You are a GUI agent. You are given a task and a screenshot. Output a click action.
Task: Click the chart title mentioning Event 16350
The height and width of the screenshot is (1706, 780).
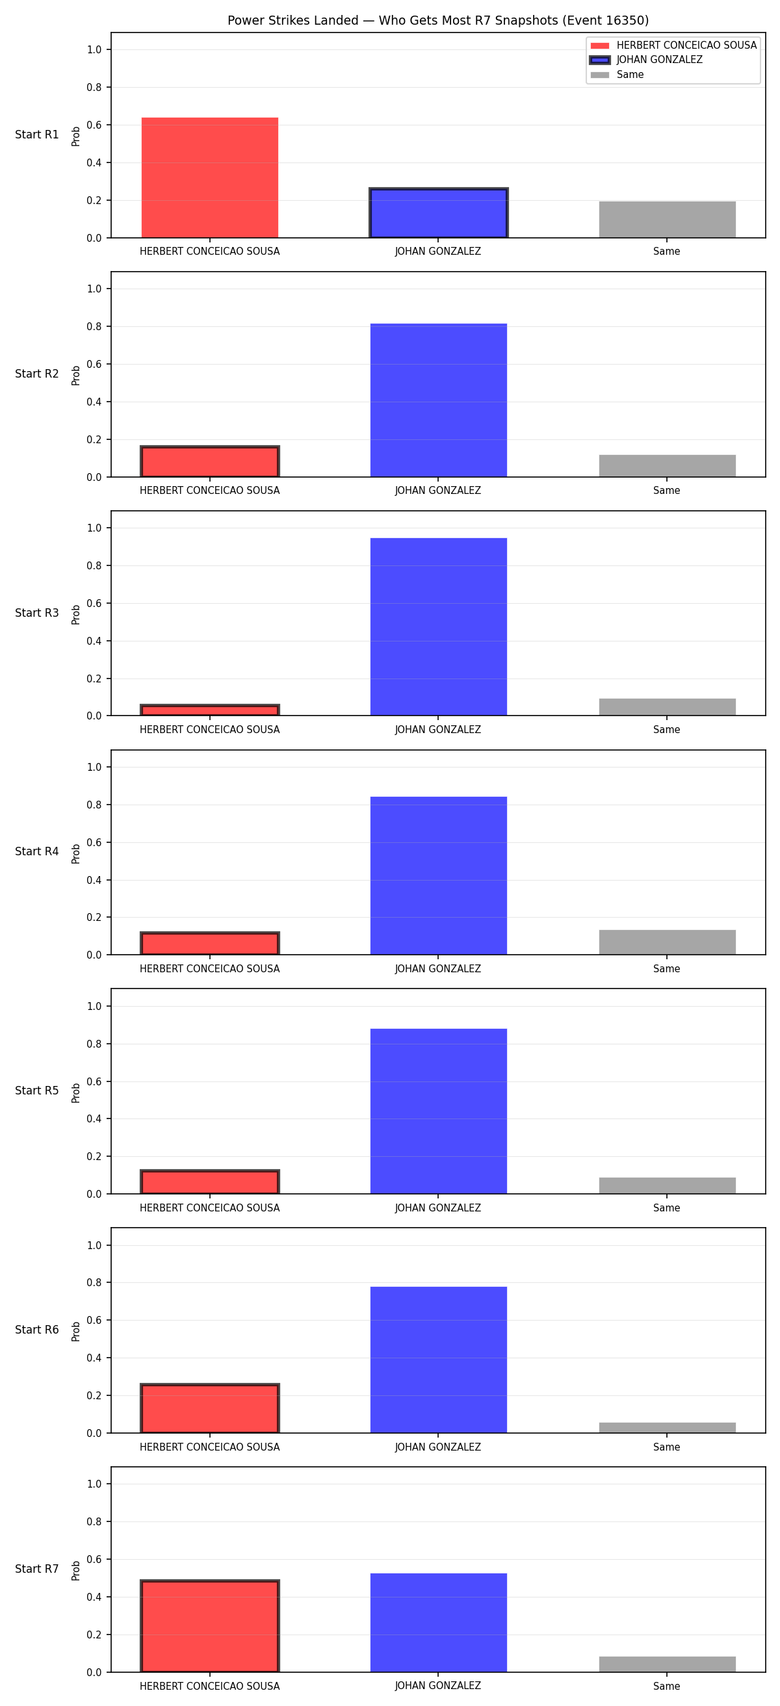click(x=437, y=21)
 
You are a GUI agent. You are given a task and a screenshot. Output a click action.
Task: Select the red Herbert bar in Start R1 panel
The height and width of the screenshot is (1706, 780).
click(x=210, y=177)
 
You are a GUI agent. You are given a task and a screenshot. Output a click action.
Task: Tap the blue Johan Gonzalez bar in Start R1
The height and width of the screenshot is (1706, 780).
click(x=438, y=213)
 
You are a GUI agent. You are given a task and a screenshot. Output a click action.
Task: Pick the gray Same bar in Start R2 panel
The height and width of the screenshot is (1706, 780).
click(x=667, y=465)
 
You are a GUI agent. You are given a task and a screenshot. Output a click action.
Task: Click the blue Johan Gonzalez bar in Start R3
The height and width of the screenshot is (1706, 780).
click(x=438, y=627)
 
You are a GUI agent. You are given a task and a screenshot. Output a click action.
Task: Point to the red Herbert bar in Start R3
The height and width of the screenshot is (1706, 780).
click(x=210, y=710)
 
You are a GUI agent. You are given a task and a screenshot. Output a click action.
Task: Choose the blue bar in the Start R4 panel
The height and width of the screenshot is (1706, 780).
click(x=438, y=875)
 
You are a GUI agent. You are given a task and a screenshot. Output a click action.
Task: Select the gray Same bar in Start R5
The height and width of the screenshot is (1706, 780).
click(x=667, y=1185)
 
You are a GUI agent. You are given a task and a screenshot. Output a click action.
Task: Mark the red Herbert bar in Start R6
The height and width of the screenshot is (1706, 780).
click(x=210, y=1408)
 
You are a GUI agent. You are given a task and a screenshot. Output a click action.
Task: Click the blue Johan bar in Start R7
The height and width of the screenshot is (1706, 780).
click(x=438, y=1623)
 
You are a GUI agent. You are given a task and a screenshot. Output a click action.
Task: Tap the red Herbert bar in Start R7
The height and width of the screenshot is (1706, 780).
click(x=210, y=1626)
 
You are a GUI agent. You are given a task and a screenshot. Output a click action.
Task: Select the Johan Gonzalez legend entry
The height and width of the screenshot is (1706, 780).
click(x=646, y=60)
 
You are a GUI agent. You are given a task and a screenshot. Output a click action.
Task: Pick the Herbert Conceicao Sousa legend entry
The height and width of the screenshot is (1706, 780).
click(x=673, y=45)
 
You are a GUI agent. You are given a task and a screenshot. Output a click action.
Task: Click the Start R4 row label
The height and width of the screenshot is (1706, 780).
click(x=37, y=851)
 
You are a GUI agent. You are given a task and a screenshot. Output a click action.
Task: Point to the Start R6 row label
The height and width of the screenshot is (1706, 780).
click(x=37, y=1330)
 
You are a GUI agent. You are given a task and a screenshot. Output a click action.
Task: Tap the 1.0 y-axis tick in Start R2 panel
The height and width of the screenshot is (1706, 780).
click(x=94, y=289)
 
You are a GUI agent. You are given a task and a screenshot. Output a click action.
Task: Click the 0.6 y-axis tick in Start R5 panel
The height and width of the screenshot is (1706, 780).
click(x=94, y=1081)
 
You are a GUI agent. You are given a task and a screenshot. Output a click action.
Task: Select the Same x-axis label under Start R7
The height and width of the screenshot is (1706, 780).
click(x=667, y=1686)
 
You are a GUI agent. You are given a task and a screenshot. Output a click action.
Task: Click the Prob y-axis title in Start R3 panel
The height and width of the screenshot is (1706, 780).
click(x=76, y=614)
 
